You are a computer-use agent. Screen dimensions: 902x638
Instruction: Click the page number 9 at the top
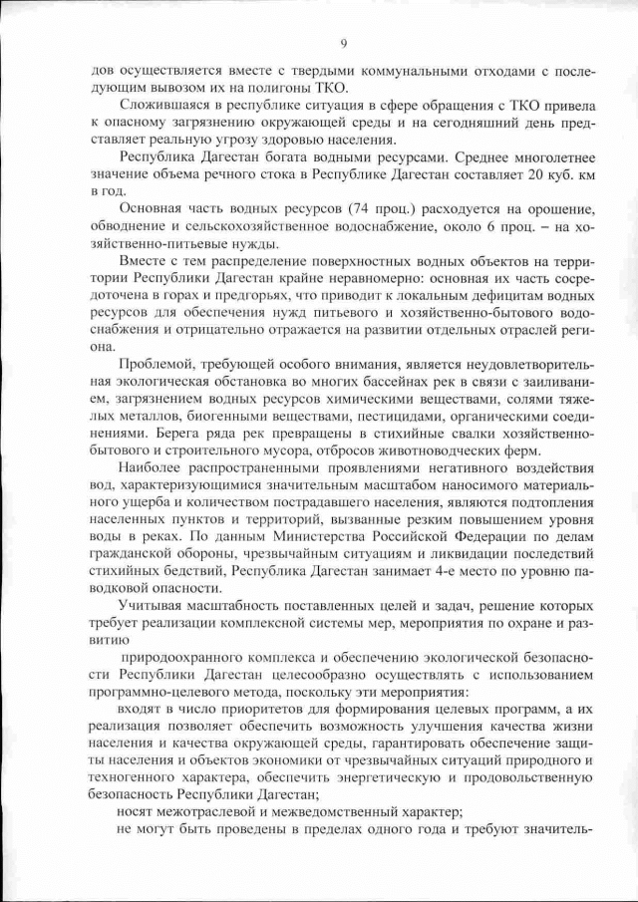coord(343,42)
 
